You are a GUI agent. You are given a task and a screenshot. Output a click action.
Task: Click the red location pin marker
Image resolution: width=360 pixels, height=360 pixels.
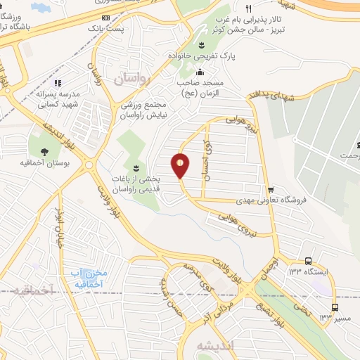click(x=181, y=166)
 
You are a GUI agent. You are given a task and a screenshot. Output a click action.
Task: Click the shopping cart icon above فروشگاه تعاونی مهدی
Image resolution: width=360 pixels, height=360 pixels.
click(x=271, y=190)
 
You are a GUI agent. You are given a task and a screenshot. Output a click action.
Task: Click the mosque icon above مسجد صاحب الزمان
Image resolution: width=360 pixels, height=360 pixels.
click(x=200, y=71)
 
